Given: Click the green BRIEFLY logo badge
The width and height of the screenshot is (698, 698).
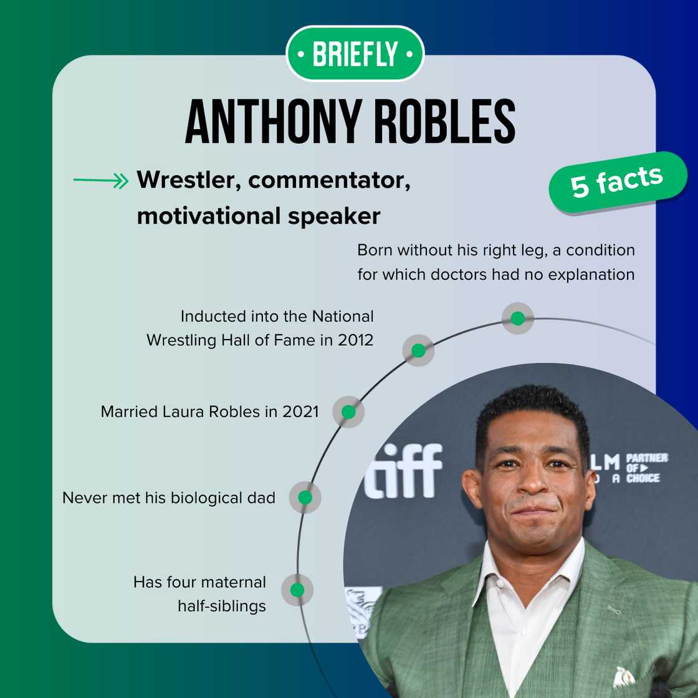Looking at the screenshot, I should [x=355, y=54].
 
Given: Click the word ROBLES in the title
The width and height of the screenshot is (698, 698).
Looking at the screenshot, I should [x=444, y=122].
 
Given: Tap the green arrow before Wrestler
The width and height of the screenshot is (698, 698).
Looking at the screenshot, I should [x=100, y=181].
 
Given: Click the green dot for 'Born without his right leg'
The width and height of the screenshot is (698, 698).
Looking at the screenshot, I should [x=517, y=318].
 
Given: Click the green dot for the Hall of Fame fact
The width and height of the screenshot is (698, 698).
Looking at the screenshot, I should [x=418, y=350].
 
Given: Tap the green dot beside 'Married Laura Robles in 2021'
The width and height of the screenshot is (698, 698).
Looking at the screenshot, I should [x=348, y=412].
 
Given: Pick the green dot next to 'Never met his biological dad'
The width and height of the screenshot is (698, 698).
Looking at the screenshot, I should [x=305, y=497].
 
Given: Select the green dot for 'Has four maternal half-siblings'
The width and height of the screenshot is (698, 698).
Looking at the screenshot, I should [x=297, y=590].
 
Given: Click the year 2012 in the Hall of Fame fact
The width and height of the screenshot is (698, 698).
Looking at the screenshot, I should [x=355, y=340].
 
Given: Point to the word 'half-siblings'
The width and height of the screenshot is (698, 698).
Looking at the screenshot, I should [x=221, y=605].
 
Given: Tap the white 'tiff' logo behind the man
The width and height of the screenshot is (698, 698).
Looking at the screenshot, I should [x=403, y=471].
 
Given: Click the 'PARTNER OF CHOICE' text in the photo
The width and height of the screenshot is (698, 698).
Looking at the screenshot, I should [x=647, y=468].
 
